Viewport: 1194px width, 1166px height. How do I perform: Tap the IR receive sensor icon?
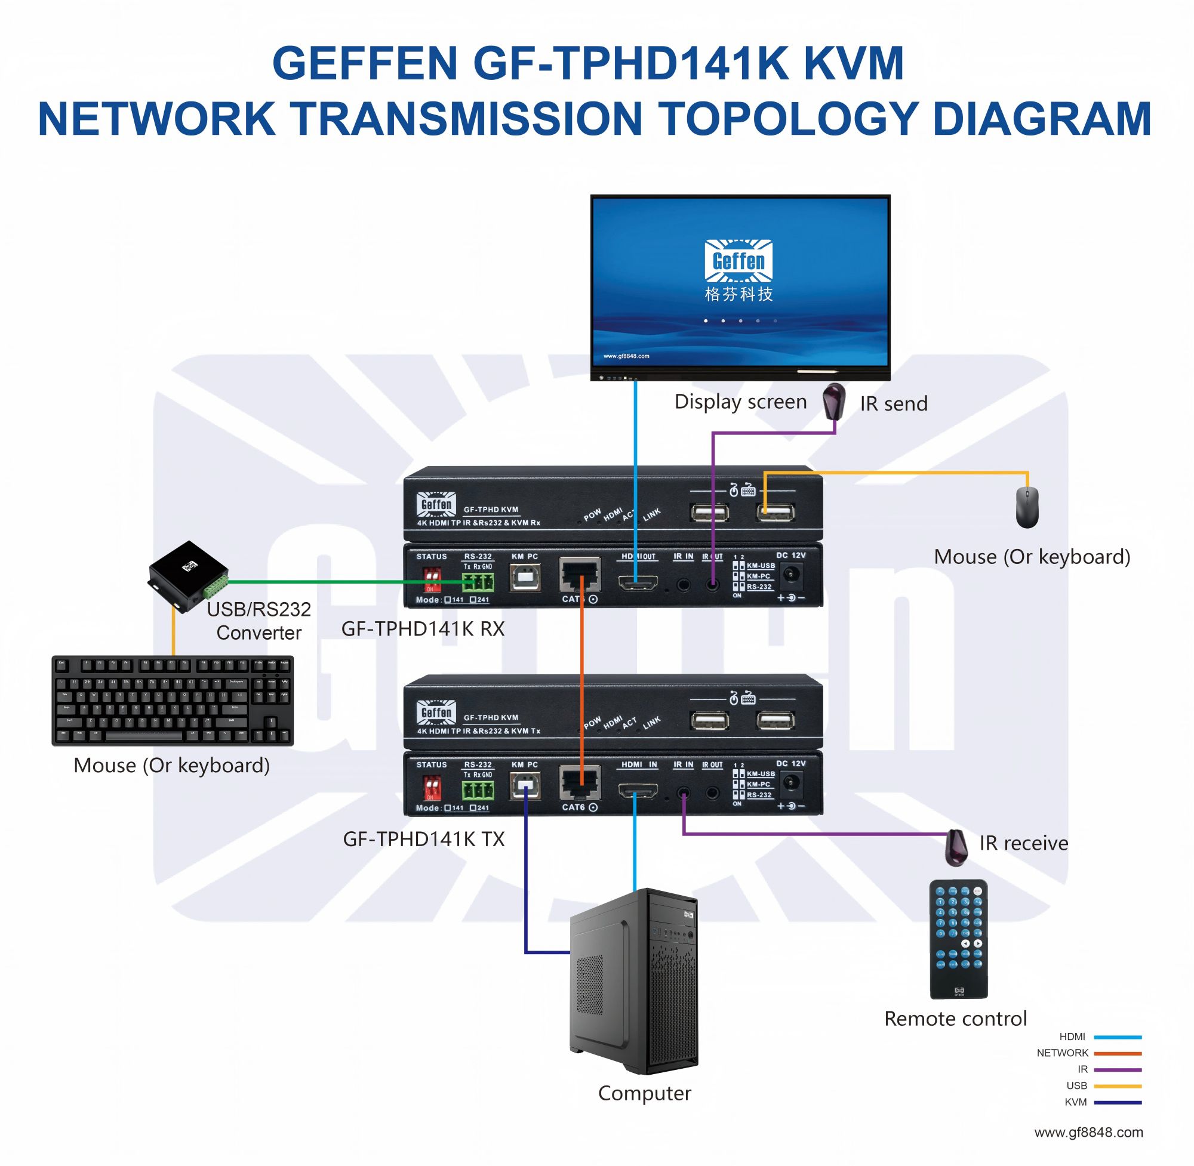(x=956, y=847)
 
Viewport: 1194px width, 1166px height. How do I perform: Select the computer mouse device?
(x=1027, y=507)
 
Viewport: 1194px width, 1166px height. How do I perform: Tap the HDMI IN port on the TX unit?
(x=638, y=791)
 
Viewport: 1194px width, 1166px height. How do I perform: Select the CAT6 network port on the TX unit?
(x=580, y=783)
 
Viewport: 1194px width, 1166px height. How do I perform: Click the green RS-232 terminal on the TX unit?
(x=478, y=791)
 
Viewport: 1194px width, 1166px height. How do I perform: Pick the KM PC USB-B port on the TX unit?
(x=525, y=786)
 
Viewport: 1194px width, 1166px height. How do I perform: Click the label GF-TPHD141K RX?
(x=423, y=629)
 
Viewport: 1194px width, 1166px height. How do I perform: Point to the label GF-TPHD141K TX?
(x=423, y=838)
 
